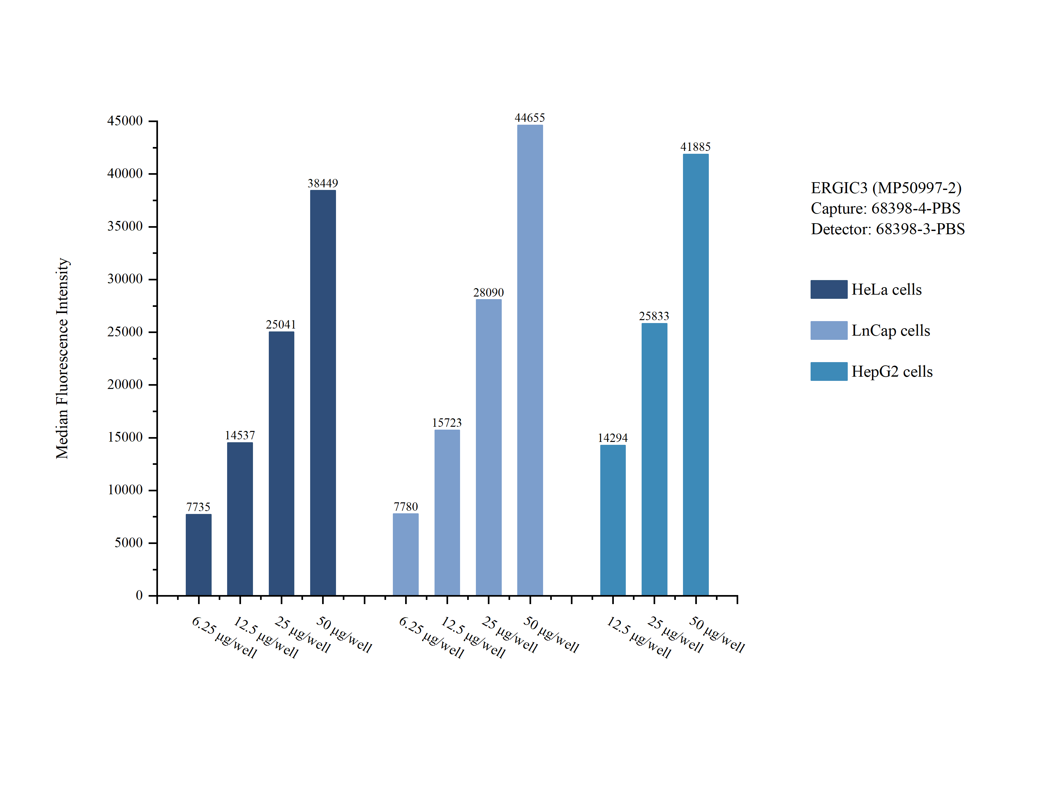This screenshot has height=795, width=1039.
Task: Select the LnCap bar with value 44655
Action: (x=530, y=360)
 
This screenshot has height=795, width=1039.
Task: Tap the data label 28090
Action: (x=488, y=292)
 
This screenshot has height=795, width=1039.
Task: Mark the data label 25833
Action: (x=654, y=316)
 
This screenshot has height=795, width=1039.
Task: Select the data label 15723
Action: (x=446, y=423)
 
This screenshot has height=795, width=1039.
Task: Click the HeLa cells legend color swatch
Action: (x=828, y=289)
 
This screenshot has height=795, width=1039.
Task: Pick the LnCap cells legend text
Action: (x=890, y=330)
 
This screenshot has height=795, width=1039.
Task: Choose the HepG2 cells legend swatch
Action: (x=828, y=371)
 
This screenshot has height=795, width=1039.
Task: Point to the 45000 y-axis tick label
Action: (x=125, y=121)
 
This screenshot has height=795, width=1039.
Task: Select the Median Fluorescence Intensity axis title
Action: (x=62, y=358)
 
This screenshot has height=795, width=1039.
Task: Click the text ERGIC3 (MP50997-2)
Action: (x=886, y=188)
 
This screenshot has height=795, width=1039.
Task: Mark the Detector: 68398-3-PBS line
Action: (x=887, y=229)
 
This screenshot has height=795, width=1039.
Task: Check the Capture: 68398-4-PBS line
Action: (x=885, y=208)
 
